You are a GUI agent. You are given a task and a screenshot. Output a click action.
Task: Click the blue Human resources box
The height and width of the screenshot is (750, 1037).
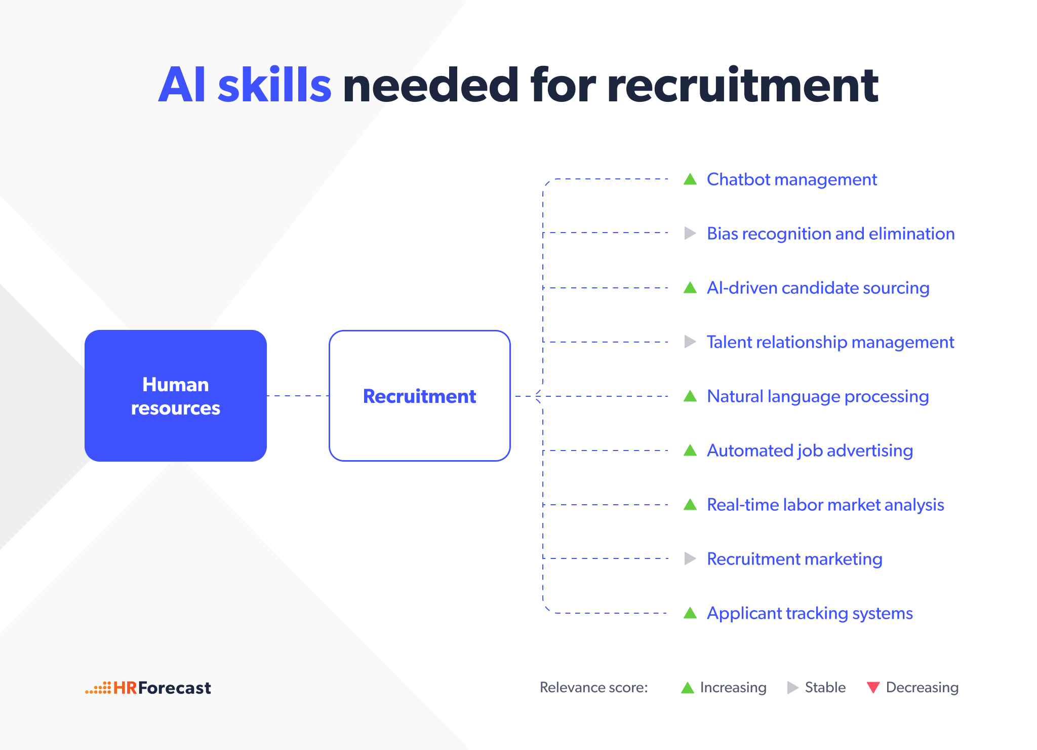pyautogui.click(x=176, y=396)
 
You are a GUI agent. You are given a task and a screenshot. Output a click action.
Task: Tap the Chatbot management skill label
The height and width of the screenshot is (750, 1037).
pyautogui.click(x=792, y=179)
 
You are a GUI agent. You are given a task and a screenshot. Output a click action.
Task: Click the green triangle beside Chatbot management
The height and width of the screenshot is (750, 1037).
pyautogui.click(x=690, y=179)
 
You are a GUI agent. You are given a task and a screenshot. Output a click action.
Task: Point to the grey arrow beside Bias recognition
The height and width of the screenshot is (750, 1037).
pyautogui.click(x=690, y=233)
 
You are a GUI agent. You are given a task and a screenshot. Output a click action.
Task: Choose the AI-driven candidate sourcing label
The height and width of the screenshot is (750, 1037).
pyautogui.click(x=818, y=288)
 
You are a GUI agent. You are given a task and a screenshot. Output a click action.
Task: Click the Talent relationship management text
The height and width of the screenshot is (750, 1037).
pyautogui.click(x=830, y=342)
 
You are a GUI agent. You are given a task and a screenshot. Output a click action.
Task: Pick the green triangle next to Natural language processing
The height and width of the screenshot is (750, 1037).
pyautogui.click(x=690, y=396)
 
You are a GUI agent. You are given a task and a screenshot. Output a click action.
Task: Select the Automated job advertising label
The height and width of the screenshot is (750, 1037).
pyautogui.click(x=810, y=451)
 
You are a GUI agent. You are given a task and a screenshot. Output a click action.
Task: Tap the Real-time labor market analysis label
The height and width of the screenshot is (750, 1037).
pyautogui.click(x=825, y=505)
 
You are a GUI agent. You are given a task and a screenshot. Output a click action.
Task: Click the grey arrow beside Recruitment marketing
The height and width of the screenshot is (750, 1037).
pyautogui.click(x=690, y=558)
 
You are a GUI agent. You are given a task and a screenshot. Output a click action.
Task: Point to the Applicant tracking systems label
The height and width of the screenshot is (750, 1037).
pyautogui.click(x=810, y=613)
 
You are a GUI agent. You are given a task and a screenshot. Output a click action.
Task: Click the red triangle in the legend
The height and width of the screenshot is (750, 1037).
pyautogui.click(x=873, y=687)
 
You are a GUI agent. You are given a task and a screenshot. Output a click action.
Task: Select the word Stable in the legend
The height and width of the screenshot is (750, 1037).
pyautogui.click(x=825, y=687)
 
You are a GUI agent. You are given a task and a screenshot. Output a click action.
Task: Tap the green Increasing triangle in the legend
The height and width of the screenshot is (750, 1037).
pyautogui.click(x=688, y=687)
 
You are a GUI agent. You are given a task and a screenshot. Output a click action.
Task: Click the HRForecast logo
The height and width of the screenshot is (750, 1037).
pyautogui.click(x=148, y=688)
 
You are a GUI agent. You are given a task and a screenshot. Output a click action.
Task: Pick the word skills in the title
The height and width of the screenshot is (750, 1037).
pyautogui.click(x=274, y=85)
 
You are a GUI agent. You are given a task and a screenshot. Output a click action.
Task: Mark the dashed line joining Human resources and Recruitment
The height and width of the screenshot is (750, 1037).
pyautogui.click(x=298, y=396)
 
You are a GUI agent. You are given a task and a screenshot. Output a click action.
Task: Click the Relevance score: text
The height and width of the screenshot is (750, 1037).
pyautogui.click(x=594, y=687)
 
